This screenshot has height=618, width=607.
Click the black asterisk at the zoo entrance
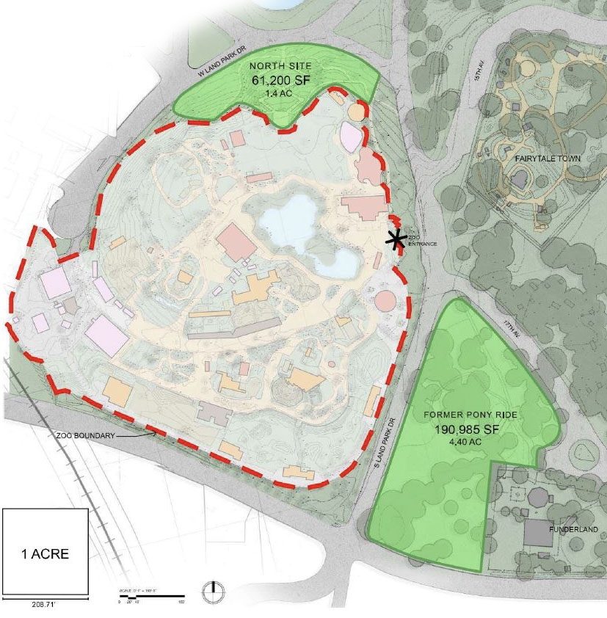(x=397, y=239)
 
